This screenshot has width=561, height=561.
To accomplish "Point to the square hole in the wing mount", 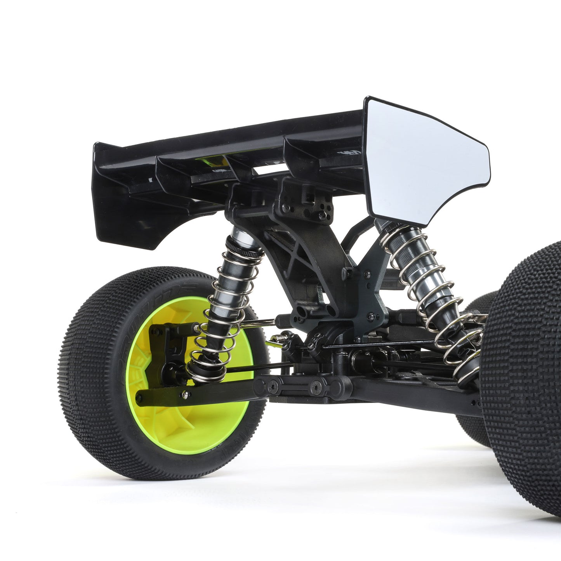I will coord(309,198).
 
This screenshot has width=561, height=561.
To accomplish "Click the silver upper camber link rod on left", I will coord(256,322).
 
